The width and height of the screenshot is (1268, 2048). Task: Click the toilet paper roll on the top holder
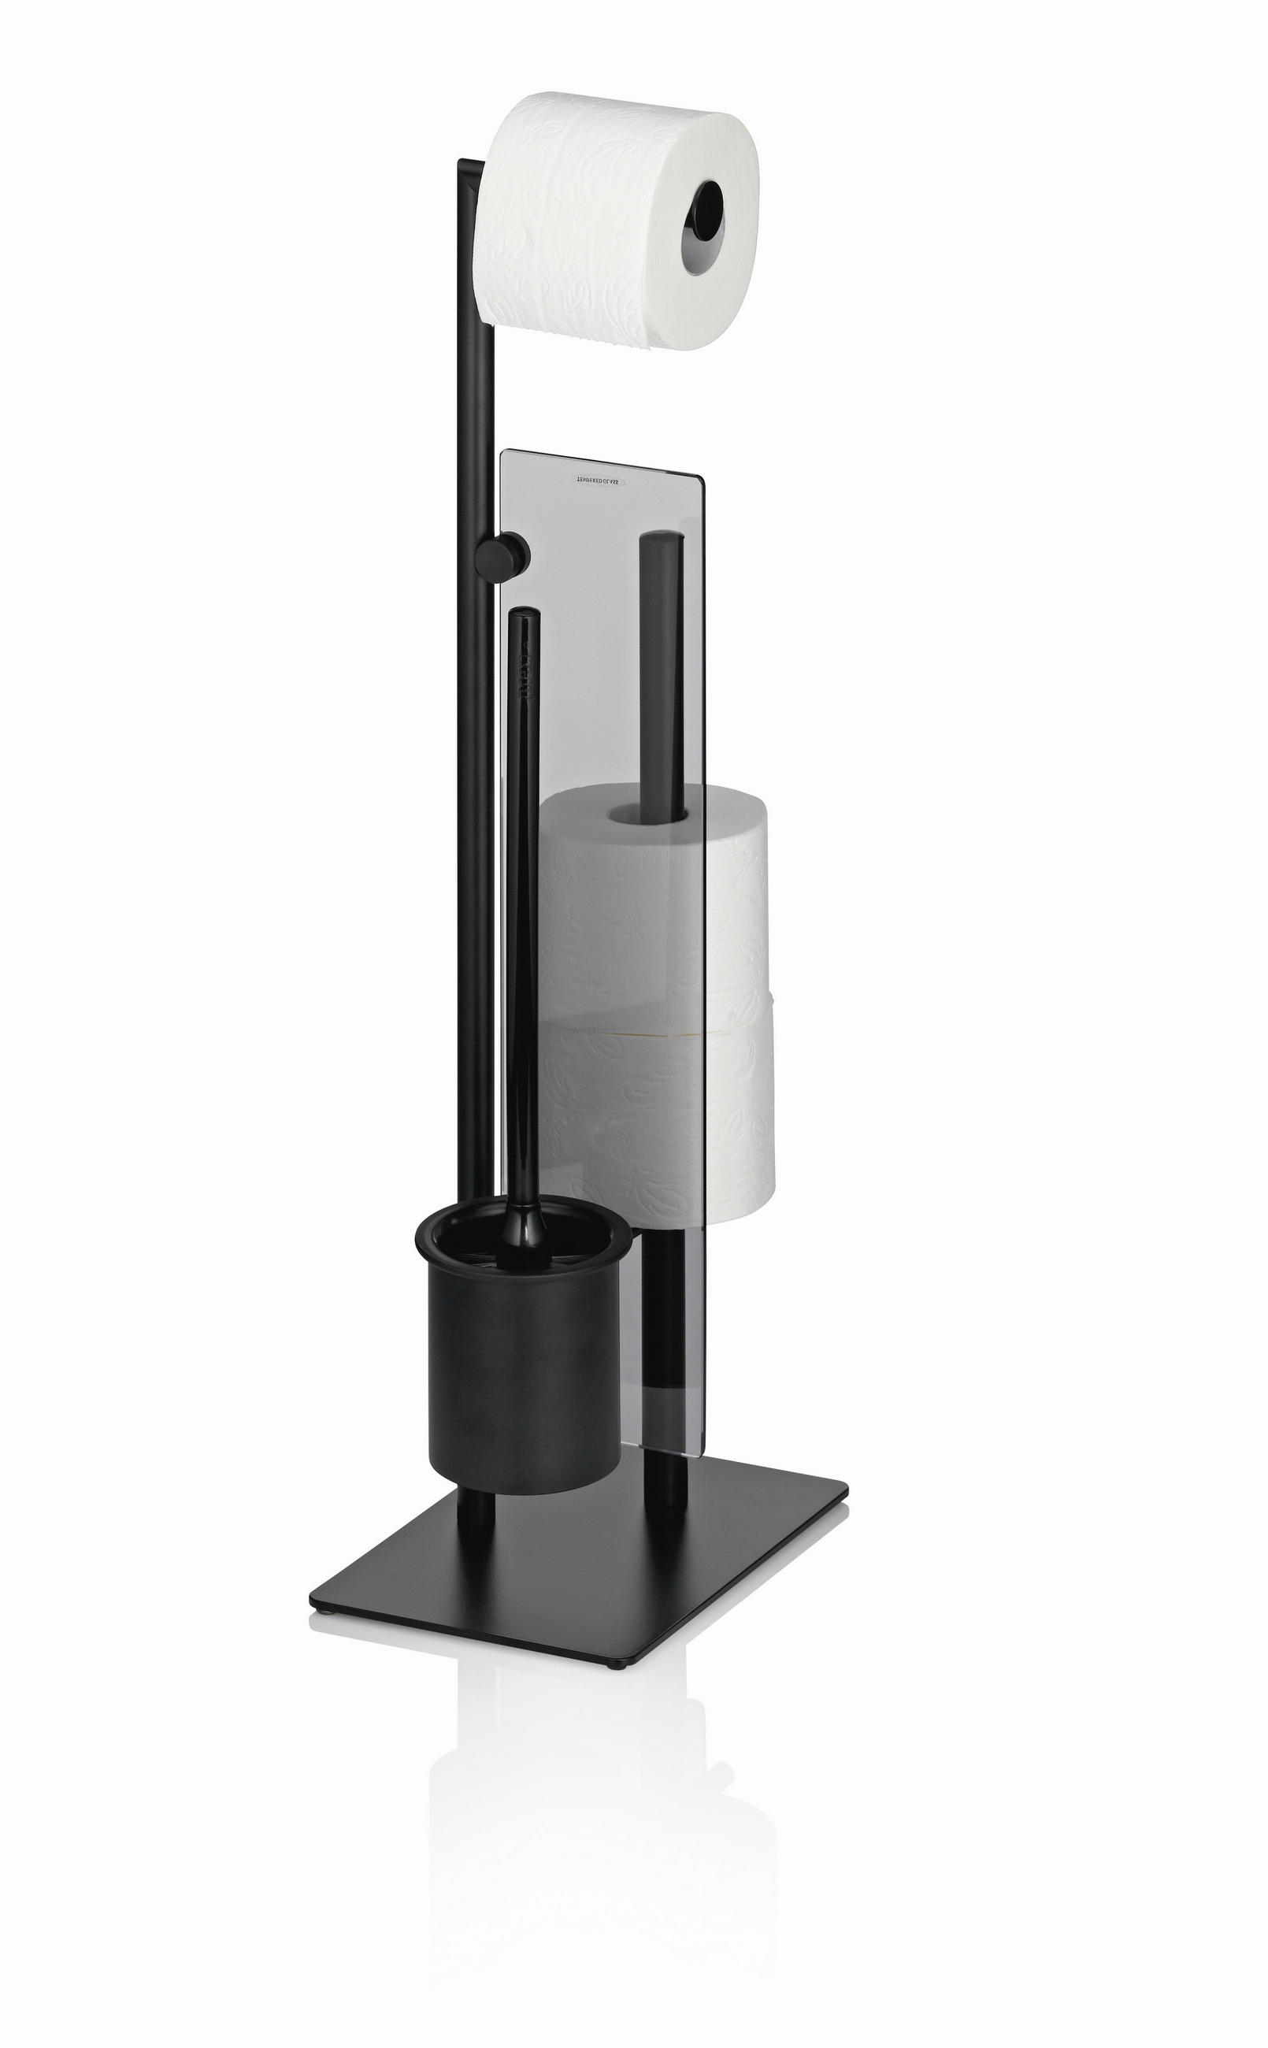587,222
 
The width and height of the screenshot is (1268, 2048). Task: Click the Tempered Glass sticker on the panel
596,481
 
